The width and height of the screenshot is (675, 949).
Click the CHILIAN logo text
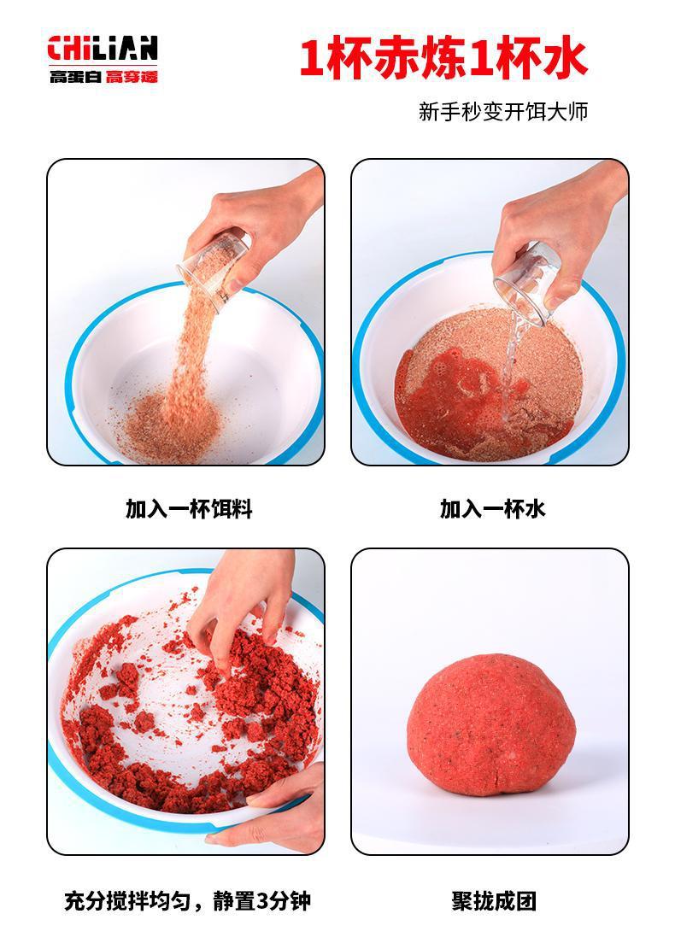point(103,48)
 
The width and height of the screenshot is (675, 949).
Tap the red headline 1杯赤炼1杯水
point(443,59)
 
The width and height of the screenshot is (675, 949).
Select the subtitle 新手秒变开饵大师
point(503,111)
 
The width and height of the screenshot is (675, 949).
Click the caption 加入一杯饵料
point(189,509)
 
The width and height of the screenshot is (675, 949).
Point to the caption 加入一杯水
point(492,509)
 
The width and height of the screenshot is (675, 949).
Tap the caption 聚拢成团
point(494,901)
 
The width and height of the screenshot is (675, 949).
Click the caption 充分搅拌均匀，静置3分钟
point(188,901)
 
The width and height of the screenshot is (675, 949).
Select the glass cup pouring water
point(526,284)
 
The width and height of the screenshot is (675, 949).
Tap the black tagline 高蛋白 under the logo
point(76,76)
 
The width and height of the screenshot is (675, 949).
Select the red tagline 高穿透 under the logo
point(132,76)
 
